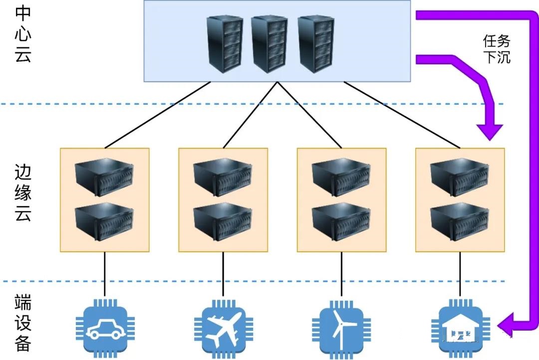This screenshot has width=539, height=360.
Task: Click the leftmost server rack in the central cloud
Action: tap(225, 43)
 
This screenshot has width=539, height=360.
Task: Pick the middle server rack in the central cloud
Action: tap(269, 43)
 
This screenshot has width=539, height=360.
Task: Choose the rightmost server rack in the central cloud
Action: tap(315, 43)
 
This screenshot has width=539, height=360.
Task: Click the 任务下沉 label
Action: tap(496, 48)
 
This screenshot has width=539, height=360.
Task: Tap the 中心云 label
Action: tap(23, 34)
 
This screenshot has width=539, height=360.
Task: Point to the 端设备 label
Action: tap(23, 323)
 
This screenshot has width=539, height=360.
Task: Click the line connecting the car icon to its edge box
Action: tap(104, 274)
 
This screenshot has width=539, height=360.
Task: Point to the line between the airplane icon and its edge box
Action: tap(223, 274)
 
